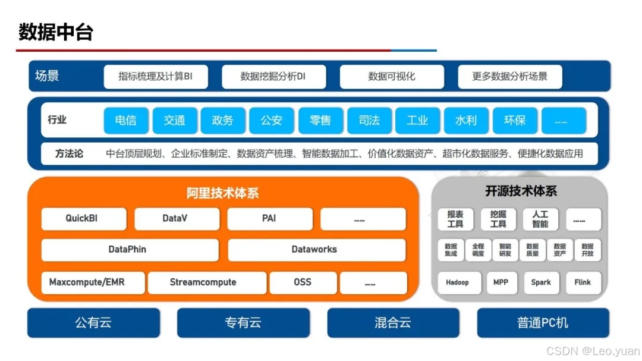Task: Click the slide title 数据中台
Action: pyautogui.click(x=56, y=32)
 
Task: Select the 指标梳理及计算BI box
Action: pyautogui.click(x=155, y=77)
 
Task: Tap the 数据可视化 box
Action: pyautogui.click(x=392, y=77)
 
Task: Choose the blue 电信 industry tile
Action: pyautogui.click(x=125, y=120)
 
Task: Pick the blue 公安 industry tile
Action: pyautogui.click(x=271, y=120)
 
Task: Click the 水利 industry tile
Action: pyautogui.click(x=466, y=120)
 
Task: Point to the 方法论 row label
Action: pyautogui.click(x=69, y=153)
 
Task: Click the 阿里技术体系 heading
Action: pyautogui.click(x=223, y=193)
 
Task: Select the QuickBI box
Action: pyautogui.click(x=83, y=218)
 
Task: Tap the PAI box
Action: pyautogui.click(x=269, y=218)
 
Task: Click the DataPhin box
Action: pyautogui.click(x=129, y=250)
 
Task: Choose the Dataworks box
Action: pyautogui.click(x=316, y=250)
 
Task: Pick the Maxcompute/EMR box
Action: pyautogui.click(x=87, y=282)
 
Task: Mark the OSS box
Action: pyautogui.click(x=303, y=282)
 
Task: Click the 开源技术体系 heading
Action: pyautogui.click(x=521, y=192)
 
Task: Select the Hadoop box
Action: pyautogui.click(x=458, y=282)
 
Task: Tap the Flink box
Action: pyautogui.click(x=583, y=282)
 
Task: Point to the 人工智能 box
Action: pyautogui.click(x=540, y=219)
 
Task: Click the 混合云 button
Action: pyautogui.click(x=393, y=323)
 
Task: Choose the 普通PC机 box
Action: pyautogui.click(x=543, y=323)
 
